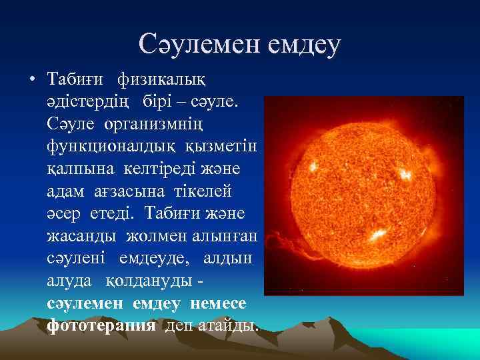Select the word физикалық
pos(161,80)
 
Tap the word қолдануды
pos(156,281)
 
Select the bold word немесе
pos(218,303)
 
